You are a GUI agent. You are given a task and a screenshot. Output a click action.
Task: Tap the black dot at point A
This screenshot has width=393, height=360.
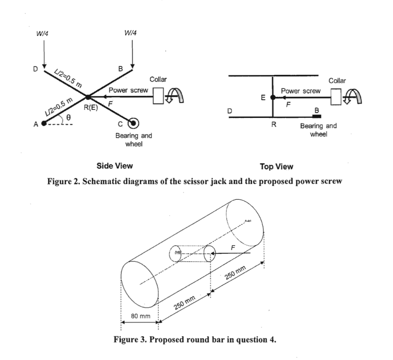coord(44,123)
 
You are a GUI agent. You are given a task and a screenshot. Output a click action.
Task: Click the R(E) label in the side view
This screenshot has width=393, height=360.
coord(91,107)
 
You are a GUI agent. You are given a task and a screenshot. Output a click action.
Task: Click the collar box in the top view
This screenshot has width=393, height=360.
coord(336,96)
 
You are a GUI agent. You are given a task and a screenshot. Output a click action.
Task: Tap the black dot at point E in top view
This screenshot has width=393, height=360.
coord(272,98)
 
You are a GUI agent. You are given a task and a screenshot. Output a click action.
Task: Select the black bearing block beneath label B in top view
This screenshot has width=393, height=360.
coord(317,116)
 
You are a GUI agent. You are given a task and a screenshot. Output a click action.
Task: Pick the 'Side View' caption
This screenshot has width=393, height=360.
coord(114,166)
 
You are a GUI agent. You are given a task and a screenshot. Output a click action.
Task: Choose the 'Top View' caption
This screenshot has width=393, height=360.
coord(276,166)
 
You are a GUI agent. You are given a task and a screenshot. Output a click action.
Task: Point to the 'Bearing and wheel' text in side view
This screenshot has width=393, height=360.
coord(133,139)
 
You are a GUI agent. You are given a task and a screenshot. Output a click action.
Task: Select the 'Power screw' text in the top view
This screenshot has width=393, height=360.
coord(301,91)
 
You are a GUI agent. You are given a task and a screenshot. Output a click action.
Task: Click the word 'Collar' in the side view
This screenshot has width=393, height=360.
coord(158,80)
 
